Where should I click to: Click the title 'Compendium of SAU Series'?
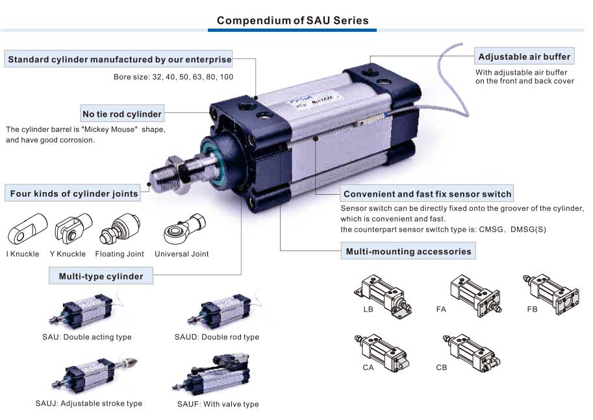pyautogui.click(x=292, y=20)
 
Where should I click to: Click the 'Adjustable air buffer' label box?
pyautogui.click(x=524, y=56)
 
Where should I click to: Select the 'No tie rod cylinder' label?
pyautogui.click(x=122, y=113)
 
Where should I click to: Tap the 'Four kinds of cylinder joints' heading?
pyautogui.click(x=74, y=193)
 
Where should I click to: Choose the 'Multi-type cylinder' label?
pyautogui.click(x=101, y=276)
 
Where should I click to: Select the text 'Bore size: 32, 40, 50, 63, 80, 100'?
pyautogui.click(x=173, y=77)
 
